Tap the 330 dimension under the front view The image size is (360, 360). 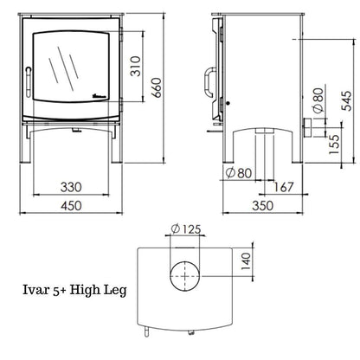[72, 187]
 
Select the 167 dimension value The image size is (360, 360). [277, 187]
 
